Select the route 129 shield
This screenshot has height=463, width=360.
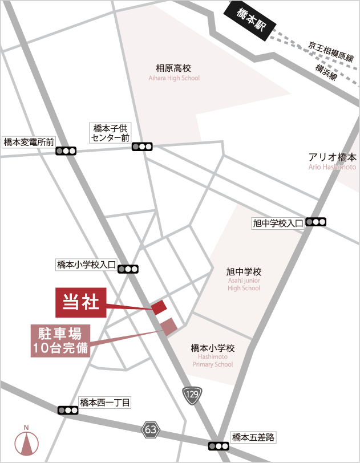pos(192,394)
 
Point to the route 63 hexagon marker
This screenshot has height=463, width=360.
pos(151,429)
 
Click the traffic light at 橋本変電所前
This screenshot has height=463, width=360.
pos(66,151)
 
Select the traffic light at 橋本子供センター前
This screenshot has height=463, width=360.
pos(142,147)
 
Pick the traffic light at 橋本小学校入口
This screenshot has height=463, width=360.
pos(128,269)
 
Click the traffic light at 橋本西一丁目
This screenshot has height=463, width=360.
pos(68,409)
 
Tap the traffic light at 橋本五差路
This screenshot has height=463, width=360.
pos(219,446)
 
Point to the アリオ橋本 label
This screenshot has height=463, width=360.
pos(332,157)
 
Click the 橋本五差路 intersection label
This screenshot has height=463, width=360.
pos(253,438)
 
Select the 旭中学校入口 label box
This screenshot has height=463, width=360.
pos(278,224)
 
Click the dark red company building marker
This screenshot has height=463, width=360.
pos(160,307)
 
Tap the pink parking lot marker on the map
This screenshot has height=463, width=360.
pos(169,326)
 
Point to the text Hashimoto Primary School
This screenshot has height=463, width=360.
pos(213,360)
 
